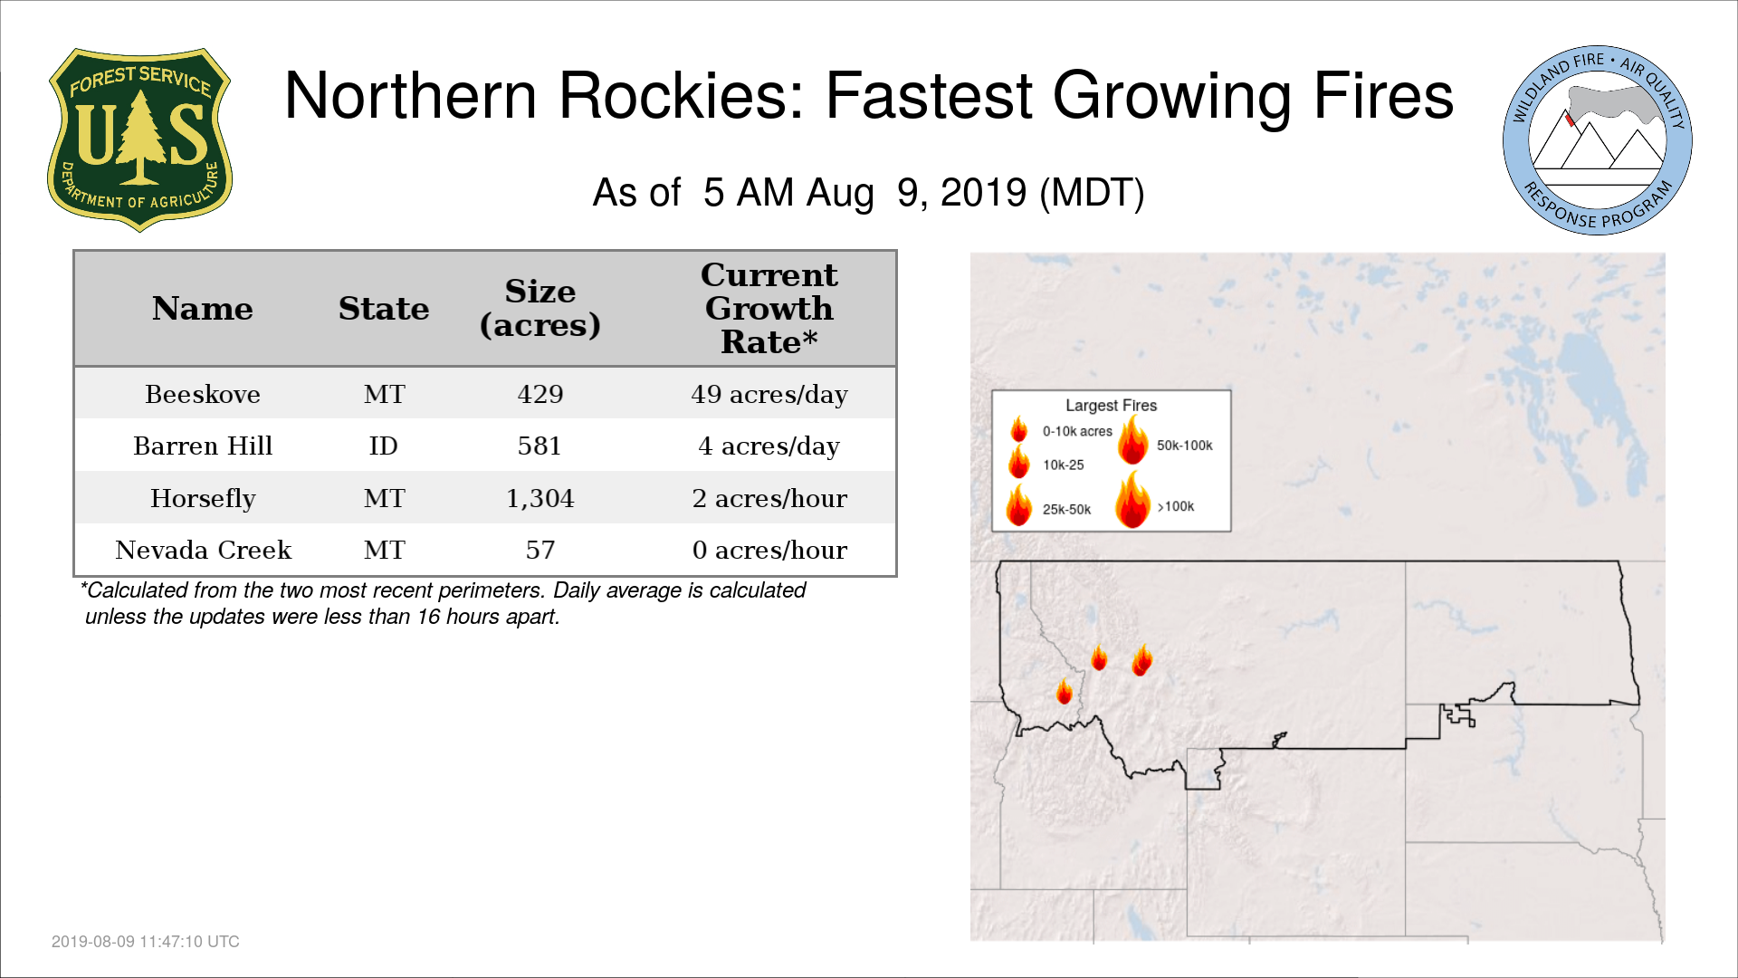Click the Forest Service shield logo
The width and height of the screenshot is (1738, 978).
pos(139,140)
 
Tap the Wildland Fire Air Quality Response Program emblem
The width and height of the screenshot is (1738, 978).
pos(1598,140)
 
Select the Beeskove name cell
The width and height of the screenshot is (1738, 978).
pos(203,394)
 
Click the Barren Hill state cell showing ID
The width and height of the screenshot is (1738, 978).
pos(384,446)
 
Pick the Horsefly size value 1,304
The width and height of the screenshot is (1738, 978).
pos(540,498)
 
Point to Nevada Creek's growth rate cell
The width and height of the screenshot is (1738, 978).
pos(769,550)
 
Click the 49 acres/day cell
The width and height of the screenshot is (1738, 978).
pos(769,394)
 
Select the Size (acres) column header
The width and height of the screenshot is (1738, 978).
pos(540,308)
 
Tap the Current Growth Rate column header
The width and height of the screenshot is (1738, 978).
pos(769,308)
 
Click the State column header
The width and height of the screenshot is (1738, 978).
pos(384,309)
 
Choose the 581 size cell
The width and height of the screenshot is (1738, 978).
pos(540,446)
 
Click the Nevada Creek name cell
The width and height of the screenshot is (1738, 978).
pos(203,550)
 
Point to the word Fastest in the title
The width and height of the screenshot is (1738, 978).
pos(929,96)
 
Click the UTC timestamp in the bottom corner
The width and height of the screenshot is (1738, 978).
pos(146,942)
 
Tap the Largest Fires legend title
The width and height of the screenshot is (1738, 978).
pos(1111,406)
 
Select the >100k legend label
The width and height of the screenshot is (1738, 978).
pos(1175,506)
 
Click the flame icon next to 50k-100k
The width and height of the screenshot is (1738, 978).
pos(1132,440)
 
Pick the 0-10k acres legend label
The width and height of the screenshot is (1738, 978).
pos(1077,431)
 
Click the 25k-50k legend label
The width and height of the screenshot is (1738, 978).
pos(1066,510)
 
